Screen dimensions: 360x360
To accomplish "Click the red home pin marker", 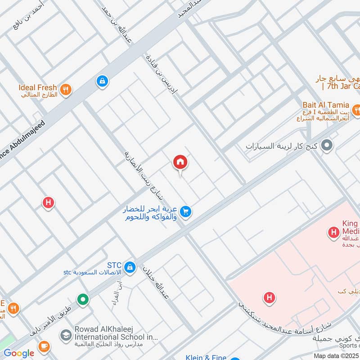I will pos(180,162).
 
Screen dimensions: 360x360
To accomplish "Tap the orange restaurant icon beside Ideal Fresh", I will pos(66,90).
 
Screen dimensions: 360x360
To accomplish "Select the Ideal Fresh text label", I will pos(38,87).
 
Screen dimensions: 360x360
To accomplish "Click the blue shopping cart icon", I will pos(185,211).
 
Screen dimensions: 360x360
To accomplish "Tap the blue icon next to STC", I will pos(130,267).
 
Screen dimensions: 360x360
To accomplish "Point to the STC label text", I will pos(114,265).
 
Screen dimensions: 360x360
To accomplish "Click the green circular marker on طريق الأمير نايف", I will pos(82,299).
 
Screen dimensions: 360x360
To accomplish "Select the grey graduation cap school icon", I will pos(66,335).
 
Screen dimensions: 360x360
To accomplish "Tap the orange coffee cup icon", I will pos(44,346).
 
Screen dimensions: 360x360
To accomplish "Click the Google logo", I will pos(19,353).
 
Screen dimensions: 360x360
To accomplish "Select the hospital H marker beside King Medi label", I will pos(333,232).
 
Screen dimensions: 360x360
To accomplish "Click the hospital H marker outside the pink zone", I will pos(48,202).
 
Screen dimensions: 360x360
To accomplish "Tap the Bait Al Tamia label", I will pos(326,105).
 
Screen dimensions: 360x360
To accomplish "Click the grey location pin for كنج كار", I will pos(328,146).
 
